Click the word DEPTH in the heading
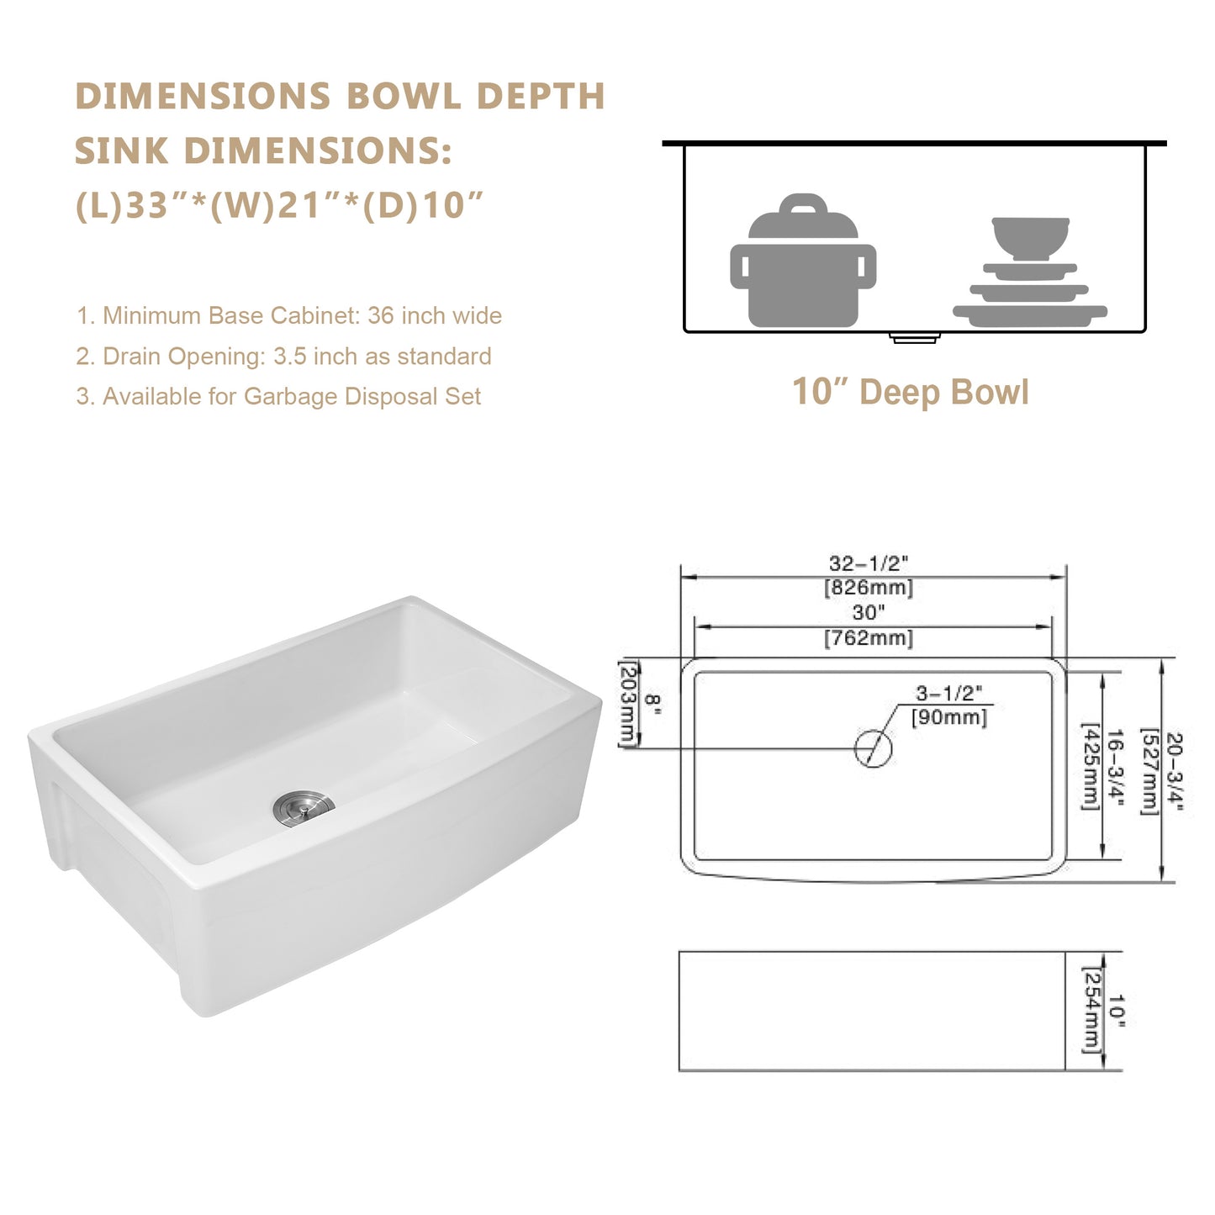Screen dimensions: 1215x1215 pyautogui.click(x=541, y=97)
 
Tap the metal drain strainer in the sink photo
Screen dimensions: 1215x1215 pyautogui.click(x=304, y=807)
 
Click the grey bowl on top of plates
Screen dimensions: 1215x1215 pyautogui.click(x=1030, y=237)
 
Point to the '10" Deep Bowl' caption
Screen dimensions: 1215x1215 pyautogui.click(x=910, y=393)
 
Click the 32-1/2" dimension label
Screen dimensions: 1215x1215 pyautogui.click(x=869, y=563)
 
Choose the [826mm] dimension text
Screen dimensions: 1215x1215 pyautogui.click(x=869, y=587)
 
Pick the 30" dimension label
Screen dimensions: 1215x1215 pyautogui.click(x=869, y=613)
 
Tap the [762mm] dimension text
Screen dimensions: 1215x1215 pyautogui.click(x=869, y=638)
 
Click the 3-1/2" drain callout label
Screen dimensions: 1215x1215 pyautogui.click(x=948, y=694)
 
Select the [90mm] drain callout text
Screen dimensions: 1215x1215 pyautogui.click(x=949, y=717)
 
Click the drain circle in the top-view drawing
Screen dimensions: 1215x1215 pyautogui.click(x=873, y=748)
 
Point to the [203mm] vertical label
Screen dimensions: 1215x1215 pyautogui.click(x=627, y=703)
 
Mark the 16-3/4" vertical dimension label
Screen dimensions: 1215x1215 pyautogui.click(x=1115, y=766)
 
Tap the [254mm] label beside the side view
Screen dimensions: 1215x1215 pyautogui.click(x=1091, y=1010)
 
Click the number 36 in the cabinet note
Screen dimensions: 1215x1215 pyautogui.click(x=381, y=316)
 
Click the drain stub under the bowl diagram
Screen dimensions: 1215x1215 pyautogui.click(x=914, y=338)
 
